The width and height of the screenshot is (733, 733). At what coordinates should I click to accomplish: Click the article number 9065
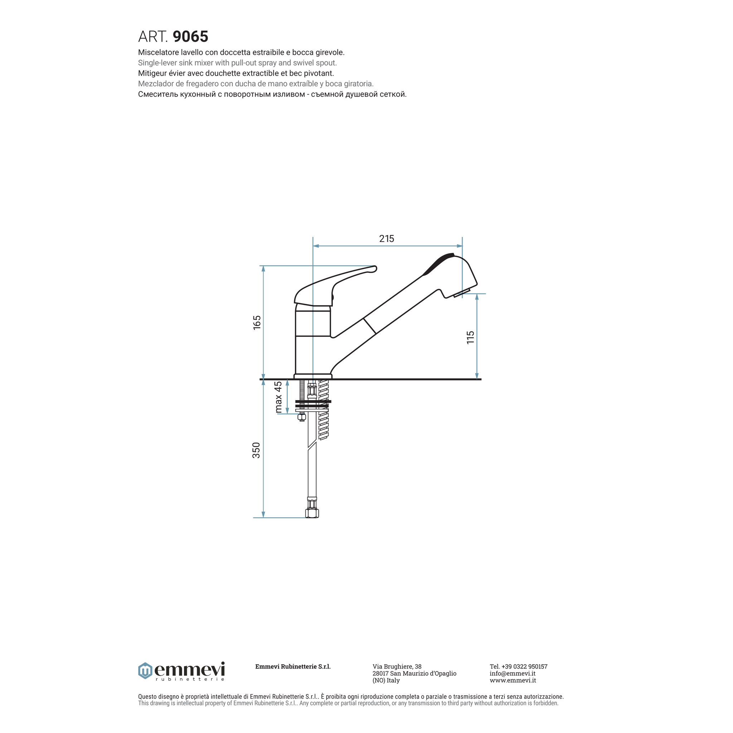click(190, 37)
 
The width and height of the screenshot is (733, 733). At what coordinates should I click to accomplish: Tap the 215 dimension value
click(387, 239)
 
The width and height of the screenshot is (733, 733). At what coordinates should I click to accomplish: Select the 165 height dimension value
click(257, 322)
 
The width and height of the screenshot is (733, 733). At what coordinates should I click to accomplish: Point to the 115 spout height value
click(470, 337)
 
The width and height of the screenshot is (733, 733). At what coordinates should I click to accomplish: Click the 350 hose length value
click(257, 450)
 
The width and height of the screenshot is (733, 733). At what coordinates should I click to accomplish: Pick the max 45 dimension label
click(278, 397)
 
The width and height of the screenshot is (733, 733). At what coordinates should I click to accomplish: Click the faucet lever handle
click(334, 285)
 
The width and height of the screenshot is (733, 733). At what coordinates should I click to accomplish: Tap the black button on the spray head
click(438, 263)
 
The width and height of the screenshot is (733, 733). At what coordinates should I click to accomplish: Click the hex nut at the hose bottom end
click(312, 513)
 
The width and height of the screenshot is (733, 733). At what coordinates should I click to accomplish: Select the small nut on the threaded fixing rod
click(302, 417)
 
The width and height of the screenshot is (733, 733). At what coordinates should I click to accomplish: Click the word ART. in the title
click(153, 37)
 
